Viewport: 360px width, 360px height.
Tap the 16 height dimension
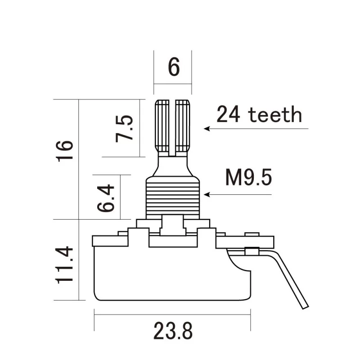(65, 152)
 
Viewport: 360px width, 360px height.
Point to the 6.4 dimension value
(106, 198)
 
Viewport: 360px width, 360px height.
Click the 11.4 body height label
(65, 265)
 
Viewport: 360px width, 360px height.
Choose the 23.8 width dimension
(173, 332)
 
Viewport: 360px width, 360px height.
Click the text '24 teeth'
(259, 115)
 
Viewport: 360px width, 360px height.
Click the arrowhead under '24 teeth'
(207, 129)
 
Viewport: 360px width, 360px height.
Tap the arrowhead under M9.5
(207, 195)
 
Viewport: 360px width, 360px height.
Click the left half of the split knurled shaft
(162, 126)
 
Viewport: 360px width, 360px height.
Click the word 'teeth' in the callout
(275, 115)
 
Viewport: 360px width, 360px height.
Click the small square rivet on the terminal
(251, 251)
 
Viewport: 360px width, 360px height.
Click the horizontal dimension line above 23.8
(172, 315)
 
